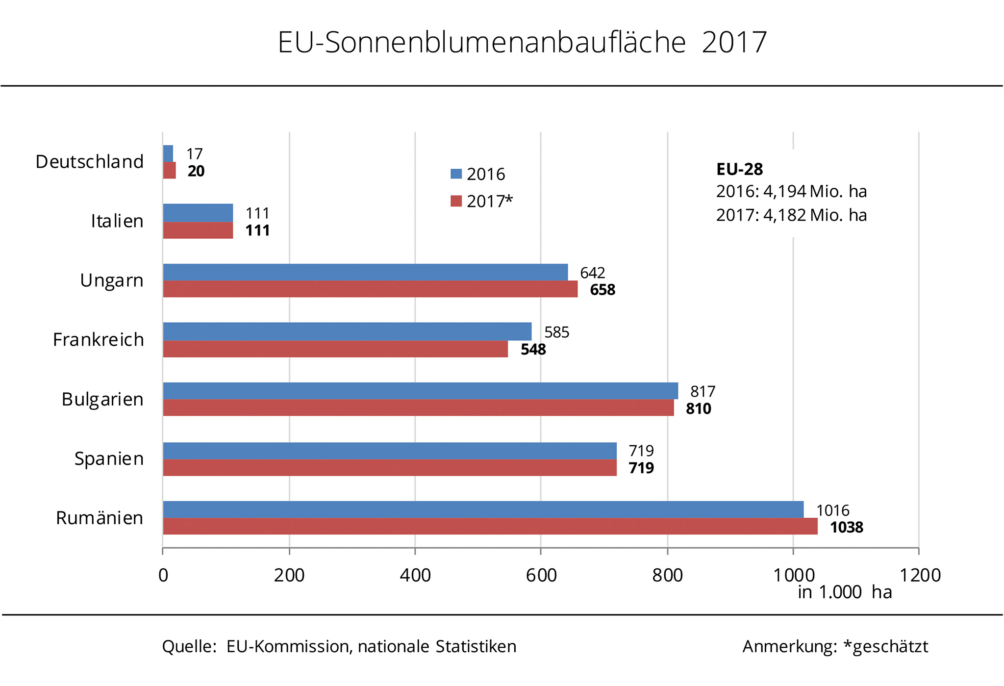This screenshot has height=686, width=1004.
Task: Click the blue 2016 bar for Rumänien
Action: pos(483,509)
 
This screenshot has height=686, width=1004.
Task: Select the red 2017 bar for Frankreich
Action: pos(335,349)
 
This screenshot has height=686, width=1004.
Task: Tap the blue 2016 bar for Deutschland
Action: pos(168,153)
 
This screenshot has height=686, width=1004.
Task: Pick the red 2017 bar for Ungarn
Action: pos(370,289)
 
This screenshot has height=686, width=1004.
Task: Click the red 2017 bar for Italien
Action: pos(198,230)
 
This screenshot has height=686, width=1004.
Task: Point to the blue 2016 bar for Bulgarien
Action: pos(421,391)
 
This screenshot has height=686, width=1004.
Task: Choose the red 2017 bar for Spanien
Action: pos(390,468)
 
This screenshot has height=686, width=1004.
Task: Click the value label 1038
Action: pos(847,528)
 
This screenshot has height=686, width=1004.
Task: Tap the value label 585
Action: pos(557,332)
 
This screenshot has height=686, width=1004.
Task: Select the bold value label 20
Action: pos(196,171)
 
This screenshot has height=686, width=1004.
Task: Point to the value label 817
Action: pos(703,392)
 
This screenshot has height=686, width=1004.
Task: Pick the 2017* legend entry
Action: pos(482,201)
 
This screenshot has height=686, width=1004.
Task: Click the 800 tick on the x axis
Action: pos(667,575)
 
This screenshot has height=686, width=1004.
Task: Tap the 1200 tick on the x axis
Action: pos(919,575)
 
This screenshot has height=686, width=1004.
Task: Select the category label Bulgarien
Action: pos(102,400)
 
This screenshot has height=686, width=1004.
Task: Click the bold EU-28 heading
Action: pos(739,169)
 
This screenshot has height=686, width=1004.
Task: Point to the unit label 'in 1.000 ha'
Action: pos(845,592)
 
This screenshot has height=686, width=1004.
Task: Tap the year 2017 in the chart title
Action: pos(734,42)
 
